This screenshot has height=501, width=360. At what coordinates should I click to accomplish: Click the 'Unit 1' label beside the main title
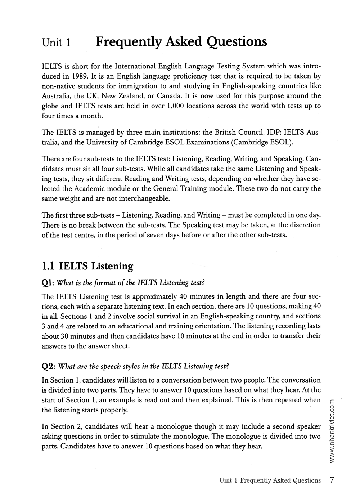tap(56, 43)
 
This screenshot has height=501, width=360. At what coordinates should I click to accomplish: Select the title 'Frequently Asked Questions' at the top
tap(181, 42)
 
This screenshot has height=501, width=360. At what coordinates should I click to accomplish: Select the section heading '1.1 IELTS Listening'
tap(87, 266)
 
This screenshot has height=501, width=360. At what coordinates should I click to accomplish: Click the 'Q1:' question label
tap(48, 283)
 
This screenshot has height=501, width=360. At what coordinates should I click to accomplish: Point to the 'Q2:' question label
tap(48, 366)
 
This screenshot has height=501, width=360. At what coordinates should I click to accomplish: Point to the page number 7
tap(332, 480)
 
